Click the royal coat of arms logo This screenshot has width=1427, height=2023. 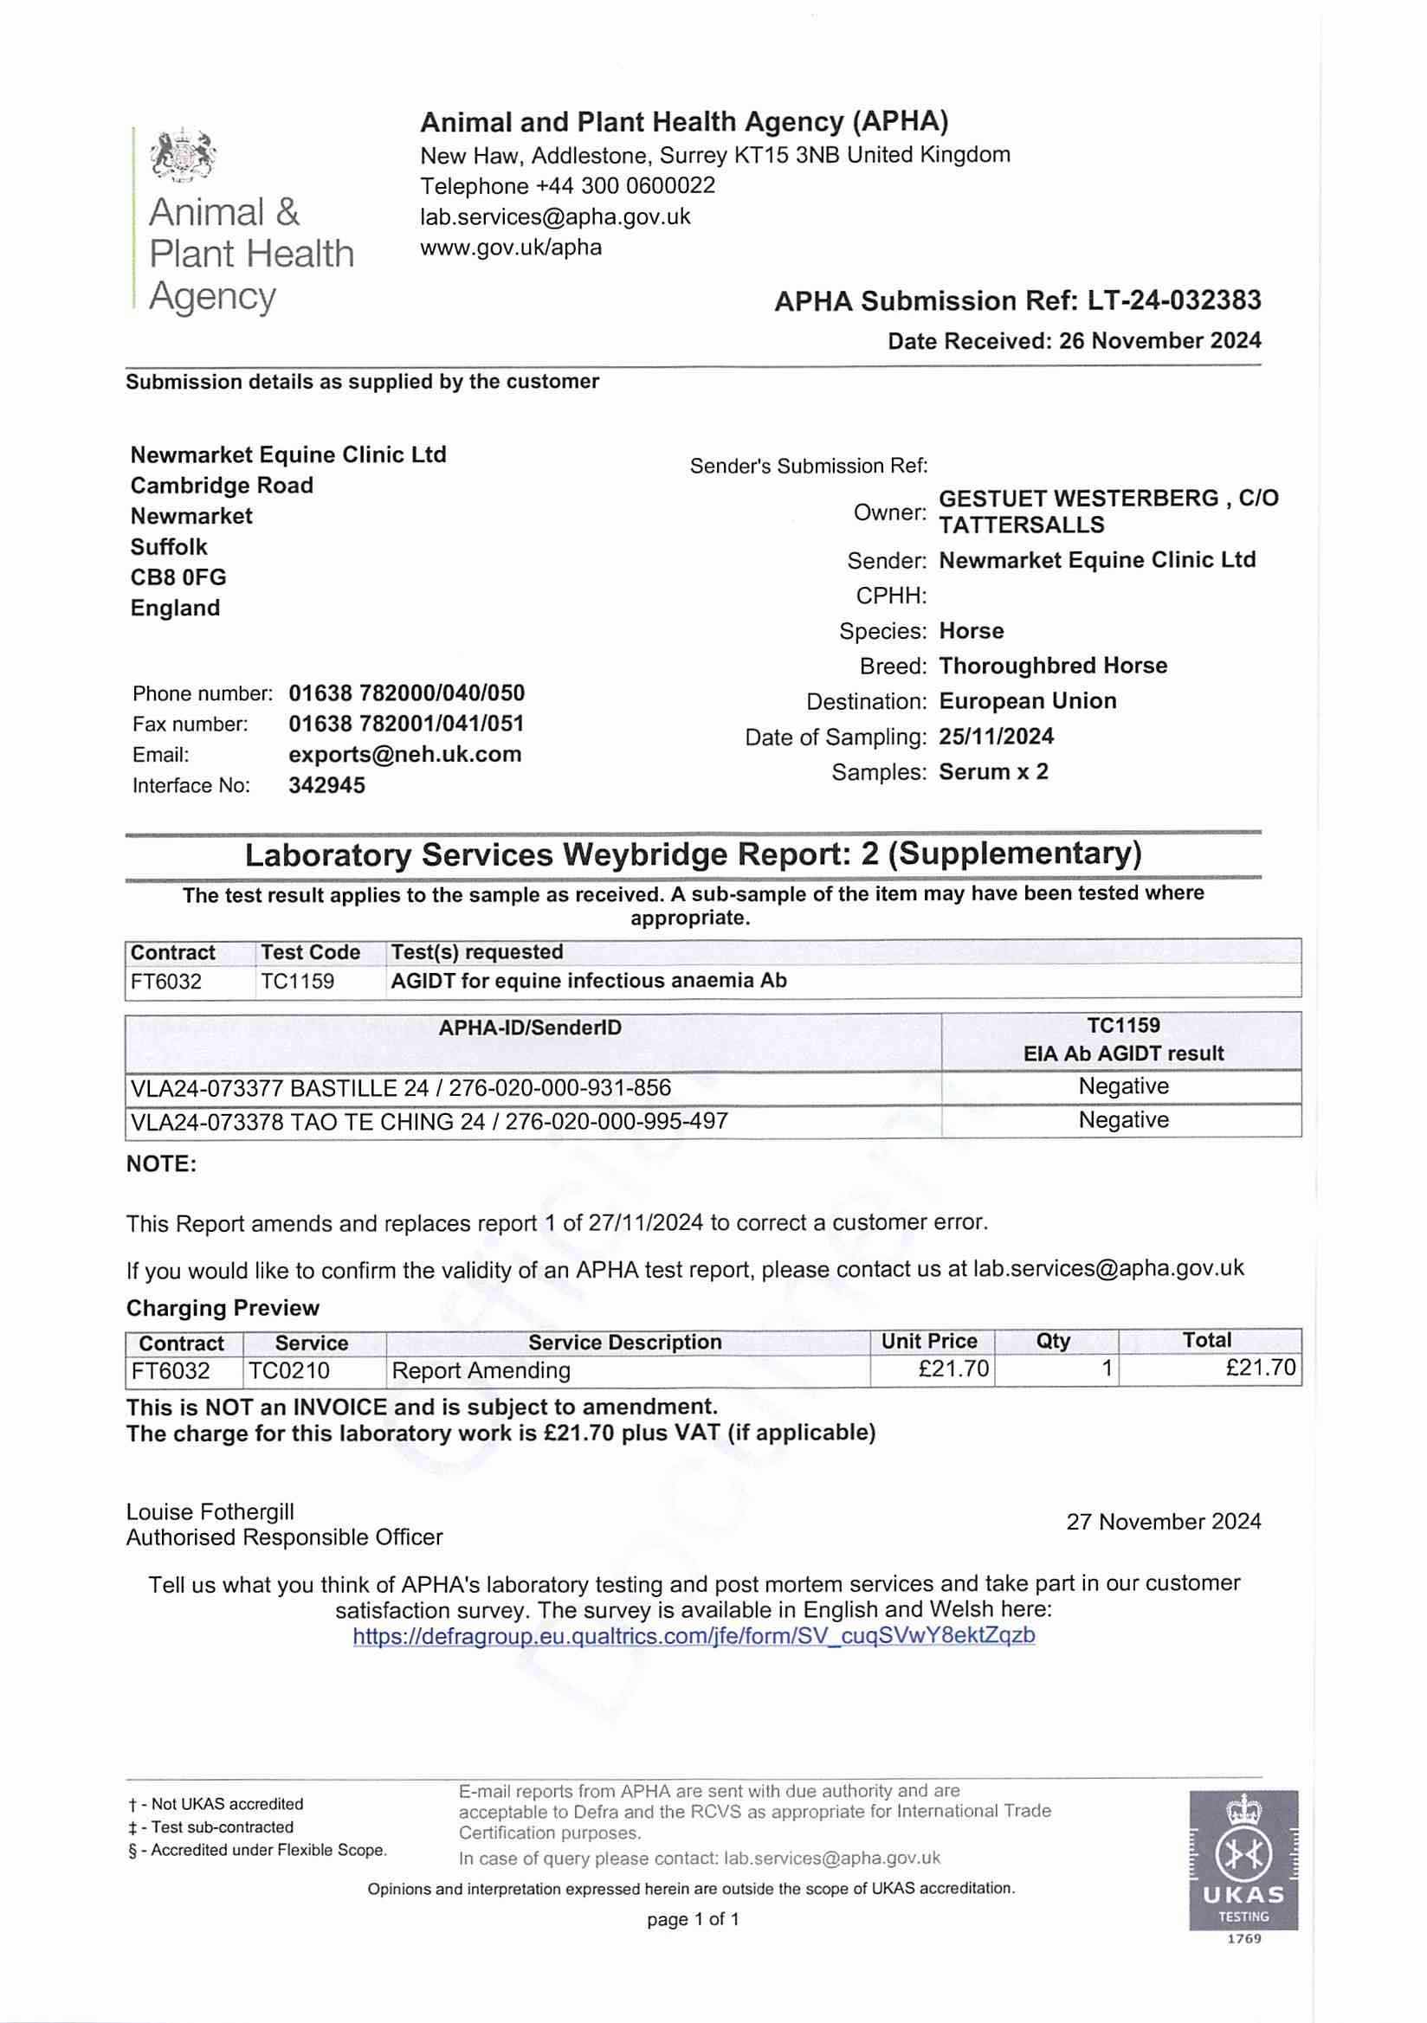184,156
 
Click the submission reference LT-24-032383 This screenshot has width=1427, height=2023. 1174,301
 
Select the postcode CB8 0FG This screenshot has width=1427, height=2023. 178,577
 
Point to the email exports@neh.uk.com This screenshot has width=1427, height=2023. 404,754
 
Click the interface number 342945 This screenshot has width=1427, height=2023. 326,785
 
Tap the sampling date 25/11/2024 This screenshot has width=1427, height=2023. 996,737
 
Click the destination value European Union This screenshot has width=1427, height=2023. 1028,701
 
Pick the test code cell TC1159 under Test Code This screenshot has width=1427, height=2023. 298,982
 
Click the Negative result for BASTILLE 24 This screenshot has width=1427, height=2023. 1123,1086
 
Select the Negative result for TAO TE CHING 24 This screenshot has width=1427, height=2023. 1123,1120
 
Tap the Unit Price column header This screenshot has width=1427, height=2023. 929,1341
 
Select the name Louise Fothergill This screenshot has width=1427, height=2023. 210,1512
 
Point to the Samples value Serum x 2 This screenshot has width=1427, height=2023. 993,772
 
